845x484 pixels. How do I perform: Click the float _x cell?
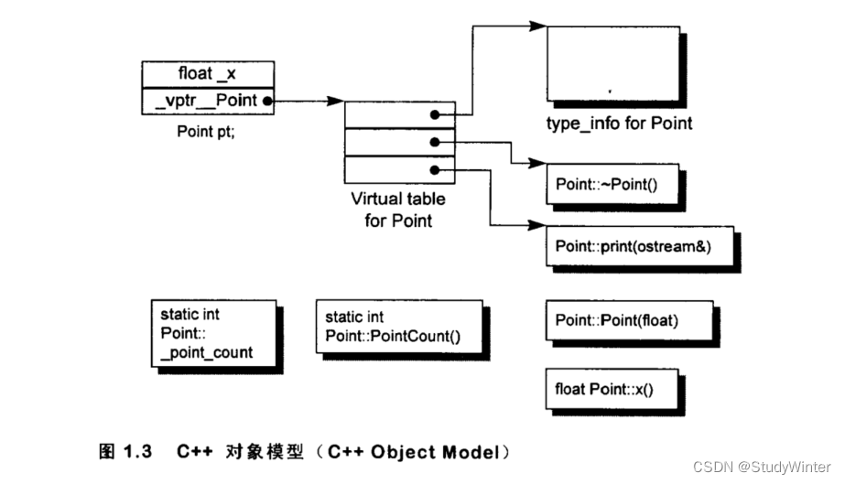(208, 74)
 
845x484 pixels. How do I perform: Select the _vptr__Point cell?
(208, 101)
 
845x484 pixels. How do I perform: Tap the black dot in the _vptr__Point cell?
(266, 102)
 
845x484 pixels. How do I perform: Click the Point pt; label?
(206, 132)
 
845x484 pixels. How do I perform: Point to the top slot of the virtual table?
(400, 114)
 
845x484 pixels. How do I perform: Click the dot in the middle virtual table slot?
(435, 142)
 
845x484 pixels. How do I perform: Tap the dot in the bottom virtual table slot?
(435, 170)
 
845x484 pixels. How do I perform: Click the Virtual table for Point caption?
(398, 210)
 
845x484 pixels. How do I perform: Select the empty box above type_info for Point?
(613, 63)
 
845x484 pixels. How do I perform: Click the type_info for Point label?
(619, 124)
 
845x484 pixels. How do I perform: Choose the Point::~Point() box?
(612, 184)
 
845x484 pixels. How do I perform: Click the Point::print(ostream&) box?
(640, 246)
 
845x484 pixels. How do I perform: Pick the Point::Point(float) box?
(630, 320)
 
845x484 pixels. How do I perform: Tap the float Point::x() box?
(612, 389)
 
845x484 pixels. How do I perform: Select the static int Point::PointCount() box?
(399, 327)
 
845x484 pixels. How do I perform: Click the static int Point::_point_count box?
(214, 333)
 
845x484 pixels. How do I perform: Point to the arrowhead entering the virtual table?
(335, 101)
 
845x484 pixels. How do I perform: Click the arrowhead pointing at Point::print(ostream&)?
(537, 225)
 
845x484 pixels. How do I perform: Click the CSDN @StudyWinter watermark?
(762, 467)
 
